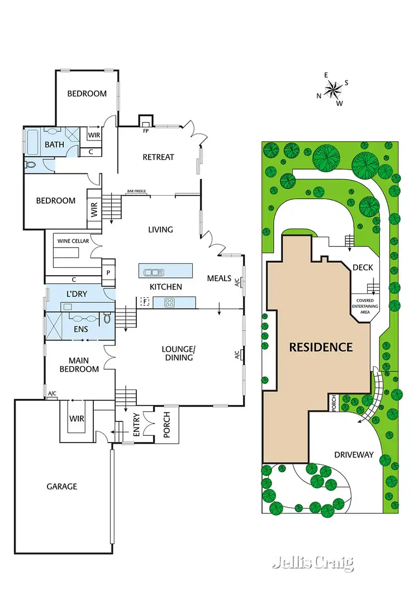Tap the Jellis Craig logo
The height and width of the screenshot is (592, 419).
[x=313, y=563]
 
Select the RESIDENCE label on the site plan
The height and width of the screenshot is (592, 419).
[x=321, y=347]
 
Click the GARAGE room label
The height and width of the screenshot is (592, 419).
[x=61, y=487]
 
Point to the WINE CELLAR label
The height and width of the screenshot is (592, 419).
[x=70, y=242]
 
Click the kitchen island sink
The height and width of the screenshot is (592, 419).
[x=151, y=272]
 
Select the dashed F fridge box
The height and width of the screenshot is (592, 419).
[x=145, y=302]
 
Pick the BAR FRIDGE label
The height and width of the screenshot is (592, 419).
[x=136, y=191]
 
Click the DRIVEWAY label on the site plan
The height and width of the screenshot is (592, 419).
[x=354, y=455]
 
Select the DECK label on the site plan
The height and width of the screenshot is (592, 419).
[x=363, y=268]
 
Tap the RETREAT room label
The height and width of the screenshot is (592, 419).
[x=159, y=157]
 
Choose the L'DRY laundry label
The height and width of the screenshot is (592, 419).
[x=77, y=293]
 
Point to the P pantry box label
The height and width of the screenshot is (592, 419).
[x=108, y=273]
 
